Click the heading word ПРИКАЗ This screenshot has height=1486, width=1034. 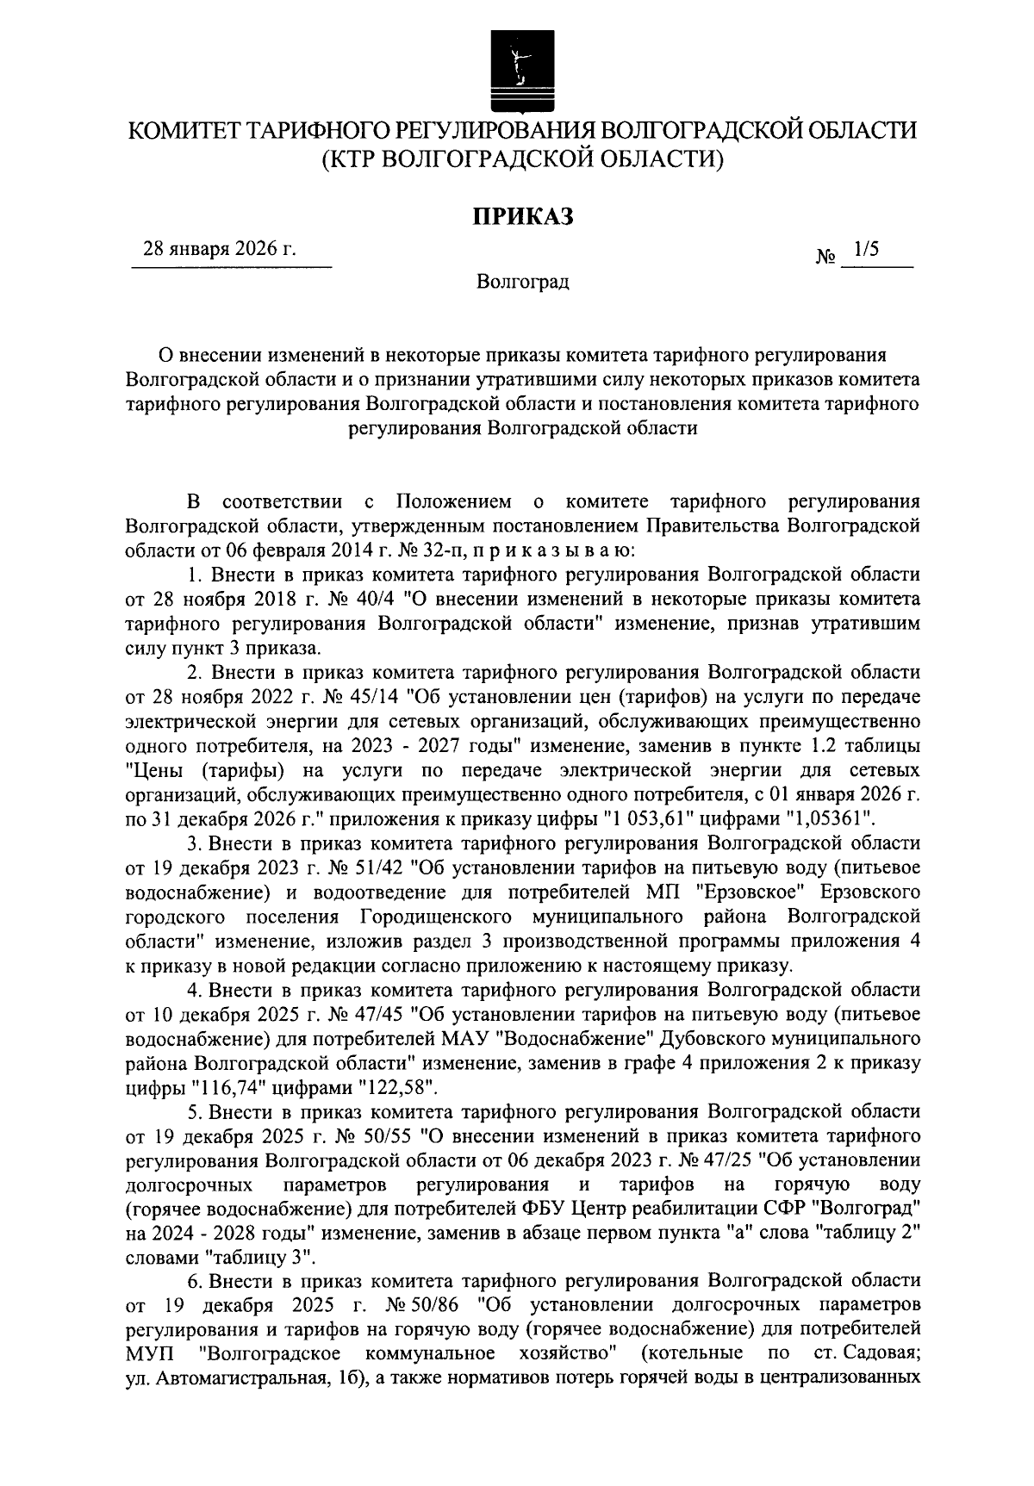[521, 216]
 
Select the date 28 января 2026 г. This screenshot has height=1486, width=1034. [219, 250]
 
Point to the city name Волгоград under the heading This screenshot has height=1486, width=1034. [523, 282]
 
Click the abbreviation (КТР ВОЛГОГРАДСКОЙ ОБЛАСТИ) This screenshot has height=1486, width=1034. [521, 159]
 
